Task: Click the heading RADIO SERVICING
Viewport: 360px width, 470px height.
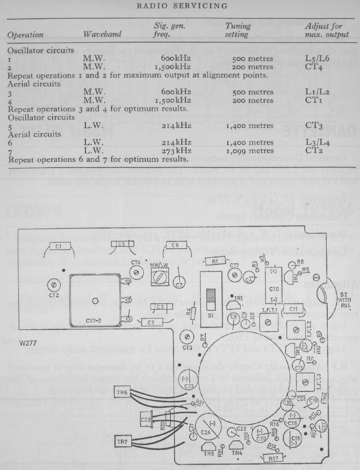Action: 182,6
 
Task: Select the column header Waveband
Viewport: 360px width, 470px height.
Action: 102,35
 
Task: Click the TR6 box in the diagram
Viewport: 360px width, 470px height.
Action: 123,392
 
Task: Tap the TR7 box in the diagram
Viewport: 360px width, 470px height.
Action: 123,442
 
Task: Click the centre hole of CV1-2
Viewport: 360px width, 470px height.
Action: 95,301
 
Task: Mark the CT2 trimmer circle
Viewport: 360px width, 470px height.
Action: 54,285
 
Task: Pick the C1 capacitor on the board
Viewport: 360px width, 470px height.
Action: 58,245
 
